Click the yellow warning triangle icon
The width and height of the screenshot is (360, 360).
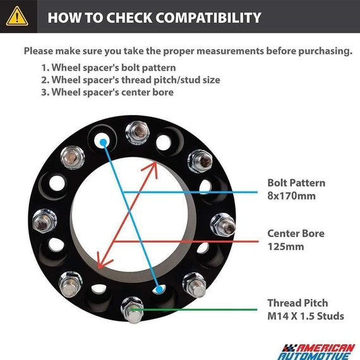point(17,16)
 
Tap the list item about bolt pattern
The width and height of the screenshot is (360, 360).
point(109,68)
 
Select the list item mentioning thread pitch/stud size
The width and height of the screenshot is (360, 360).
point(130,80)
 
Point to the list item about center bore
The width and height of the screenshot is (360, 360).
point(107,92)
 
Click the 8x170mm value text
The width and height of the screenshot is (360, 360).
point(291,196)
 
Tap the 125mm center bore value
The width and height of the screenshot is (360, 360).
point(285,246)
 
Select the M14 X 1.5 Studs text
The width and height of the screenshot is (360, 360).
point(306,316)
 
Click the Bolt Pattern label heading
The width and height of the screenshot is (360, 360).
point(296,183)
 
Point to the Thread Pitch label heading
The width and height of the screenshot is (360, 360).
point(297,303)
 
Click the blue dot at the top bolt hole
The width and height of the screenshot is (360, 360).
point(104,143)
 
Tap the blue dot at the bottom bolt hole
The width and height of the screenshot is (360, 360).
point(159,289)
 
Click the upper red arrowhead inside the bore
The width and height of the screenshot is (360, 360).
point(152,168)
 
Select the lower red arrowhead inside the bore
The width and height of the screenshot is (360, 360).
point(102,261)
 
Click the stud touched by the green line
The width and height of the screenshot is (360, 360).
point(133,310)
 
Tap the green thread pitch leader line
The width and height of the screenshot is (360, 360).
point(194,309)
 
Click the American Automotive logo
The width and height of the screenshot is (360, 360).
point(316,352)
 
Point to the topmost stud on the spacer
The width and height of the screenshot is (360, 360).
point(138,133)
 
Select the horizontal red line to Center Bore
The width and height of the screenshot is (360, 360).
point(186,241)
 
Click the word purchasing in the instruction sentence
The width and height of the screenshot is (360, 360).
point(309,51)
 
